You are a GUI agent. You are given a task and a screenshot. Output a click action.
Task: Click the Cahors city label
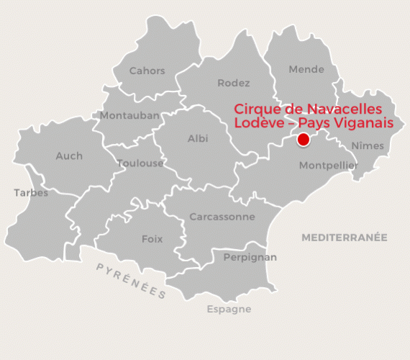tap(147, 71)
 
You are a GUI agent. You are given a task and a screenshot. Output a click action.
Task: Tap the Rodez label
tap(234, 84)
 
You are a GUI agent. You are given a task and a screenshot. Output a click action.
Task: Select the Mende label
tap(306, 70)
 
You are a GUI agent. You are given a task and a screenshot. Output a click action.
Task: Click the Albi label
tap(198, 138)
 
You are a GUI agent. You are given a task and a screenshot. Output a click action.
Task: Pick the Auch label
tap(69, 156)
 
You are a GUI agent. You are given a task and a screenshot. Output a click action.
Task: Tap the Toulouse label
tap(140, 163)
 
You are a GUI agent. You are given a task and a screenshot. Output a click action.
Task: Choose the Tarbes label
tap(31, 192)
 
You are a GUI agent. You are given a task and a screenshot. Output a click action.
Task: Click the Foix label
tap(152, 239)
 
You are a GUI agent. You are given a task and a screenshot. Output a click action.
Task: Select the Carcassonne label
tap(222, 217)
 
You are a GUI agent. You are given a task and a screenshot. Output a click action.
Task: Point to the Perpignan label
tap(251, 256)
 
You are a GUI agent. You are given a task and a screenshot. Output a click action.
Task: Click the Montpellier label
tap(328, 165)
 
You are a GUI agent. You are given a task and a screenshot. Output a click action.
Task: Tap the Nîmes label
tap(368, 146)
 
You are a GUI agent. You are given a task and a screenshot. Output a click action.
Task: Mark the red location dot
tap(304, 139)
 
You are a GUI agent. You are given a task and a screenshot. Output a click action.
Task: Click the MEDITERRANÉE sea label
tap(345, 237)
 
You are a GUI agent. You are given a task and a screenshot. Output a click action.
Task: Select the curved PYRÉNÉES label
tap(131, 281)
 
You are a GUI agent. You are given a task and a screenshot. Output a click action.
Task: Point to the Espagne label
tap(229, 310)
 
